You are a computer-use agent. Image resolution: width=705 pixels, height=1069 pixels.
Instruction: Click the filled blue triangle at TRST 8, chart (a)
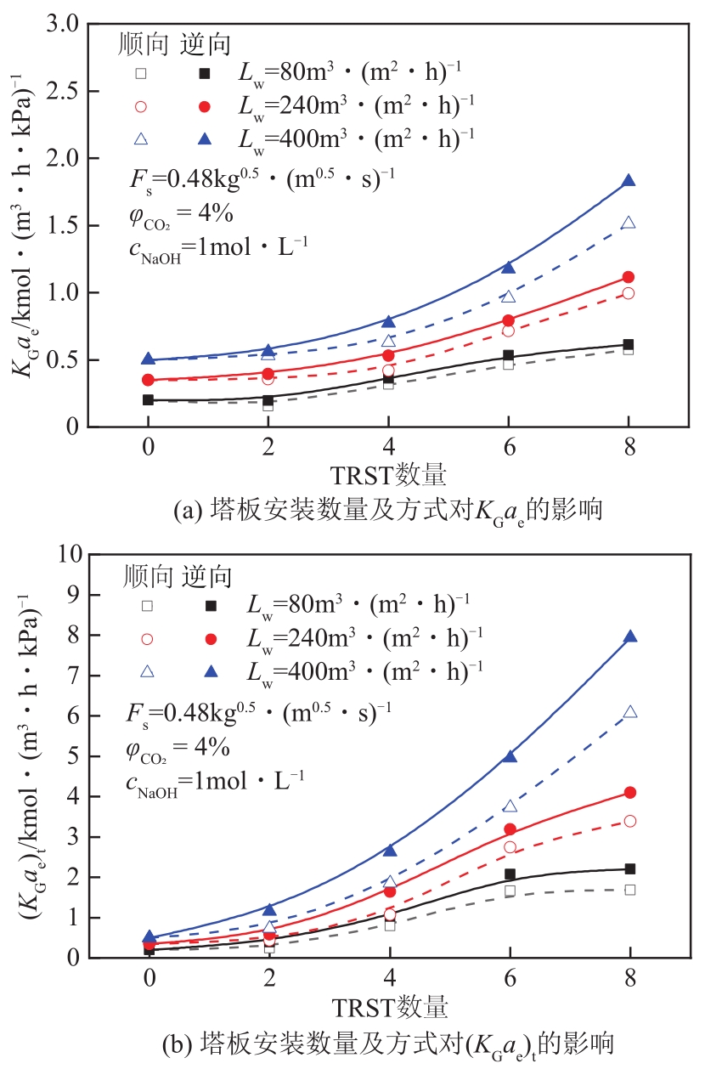coord(629,181)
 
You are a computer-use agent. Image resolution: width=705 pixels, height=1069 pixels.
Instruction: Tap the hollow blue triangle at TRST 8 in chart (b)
coord(629,712)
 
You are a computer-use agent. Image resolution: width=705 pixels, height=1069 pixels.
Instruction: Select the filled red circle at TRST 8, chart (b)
coord(629,792)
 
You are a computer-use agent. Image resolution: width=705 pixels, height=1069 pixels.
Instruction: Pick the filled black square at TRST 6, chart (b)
coord(510,874)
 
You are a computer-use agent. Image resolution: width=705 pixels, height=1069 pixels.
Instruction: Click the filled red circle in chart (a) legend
coord(204,106)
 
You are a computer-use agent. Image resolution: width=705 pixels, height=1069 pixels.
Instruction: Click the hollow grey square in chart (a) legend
coord(142,73)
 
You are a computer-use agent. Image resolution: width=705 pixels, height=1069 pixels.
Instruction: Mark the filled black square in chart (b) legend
coord(210,606)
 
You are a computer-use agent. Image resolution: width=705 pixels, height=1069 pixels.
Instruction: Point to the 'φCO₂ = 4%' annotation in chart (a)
coord(178,213)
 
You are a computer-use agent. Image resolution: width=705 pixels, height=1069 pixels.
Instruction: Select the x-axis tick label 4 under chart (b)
coord(389,979)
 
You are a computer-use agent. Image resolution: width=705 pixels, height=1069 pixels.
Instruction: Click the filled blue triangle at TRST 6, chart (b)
coord(510,756)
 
